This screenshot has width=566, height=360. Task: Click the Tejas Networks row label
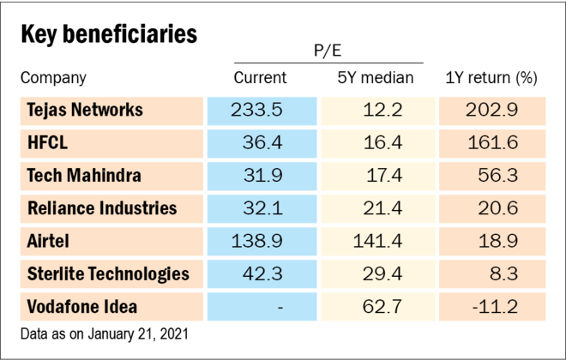tap(85, 110)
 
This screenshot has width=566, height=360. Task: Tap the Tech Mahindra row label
tap(84, 176)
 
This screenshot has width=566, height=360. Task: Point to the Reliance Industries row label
tap(102, 208)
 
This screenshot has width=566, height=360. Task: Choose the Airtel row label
tap(48, 241)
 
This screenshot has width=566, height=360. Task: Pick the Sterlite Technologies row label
tap(108, 274)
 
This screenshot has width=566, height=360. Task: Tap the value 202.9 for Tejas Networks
tap(494, 110)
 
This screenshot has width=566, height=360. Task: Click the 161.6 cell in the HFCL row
tap(494, 142)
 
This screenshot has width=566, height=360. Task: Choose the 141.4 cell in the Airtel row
tap(377, 241)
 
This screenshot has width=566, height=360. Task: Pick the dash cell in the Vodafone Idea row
tap(280, 307)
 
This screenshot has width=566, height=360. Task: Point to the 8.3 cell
tap(506, 274)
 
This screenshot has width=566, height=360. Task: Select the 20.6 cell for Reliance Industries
tap(500, 208)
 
